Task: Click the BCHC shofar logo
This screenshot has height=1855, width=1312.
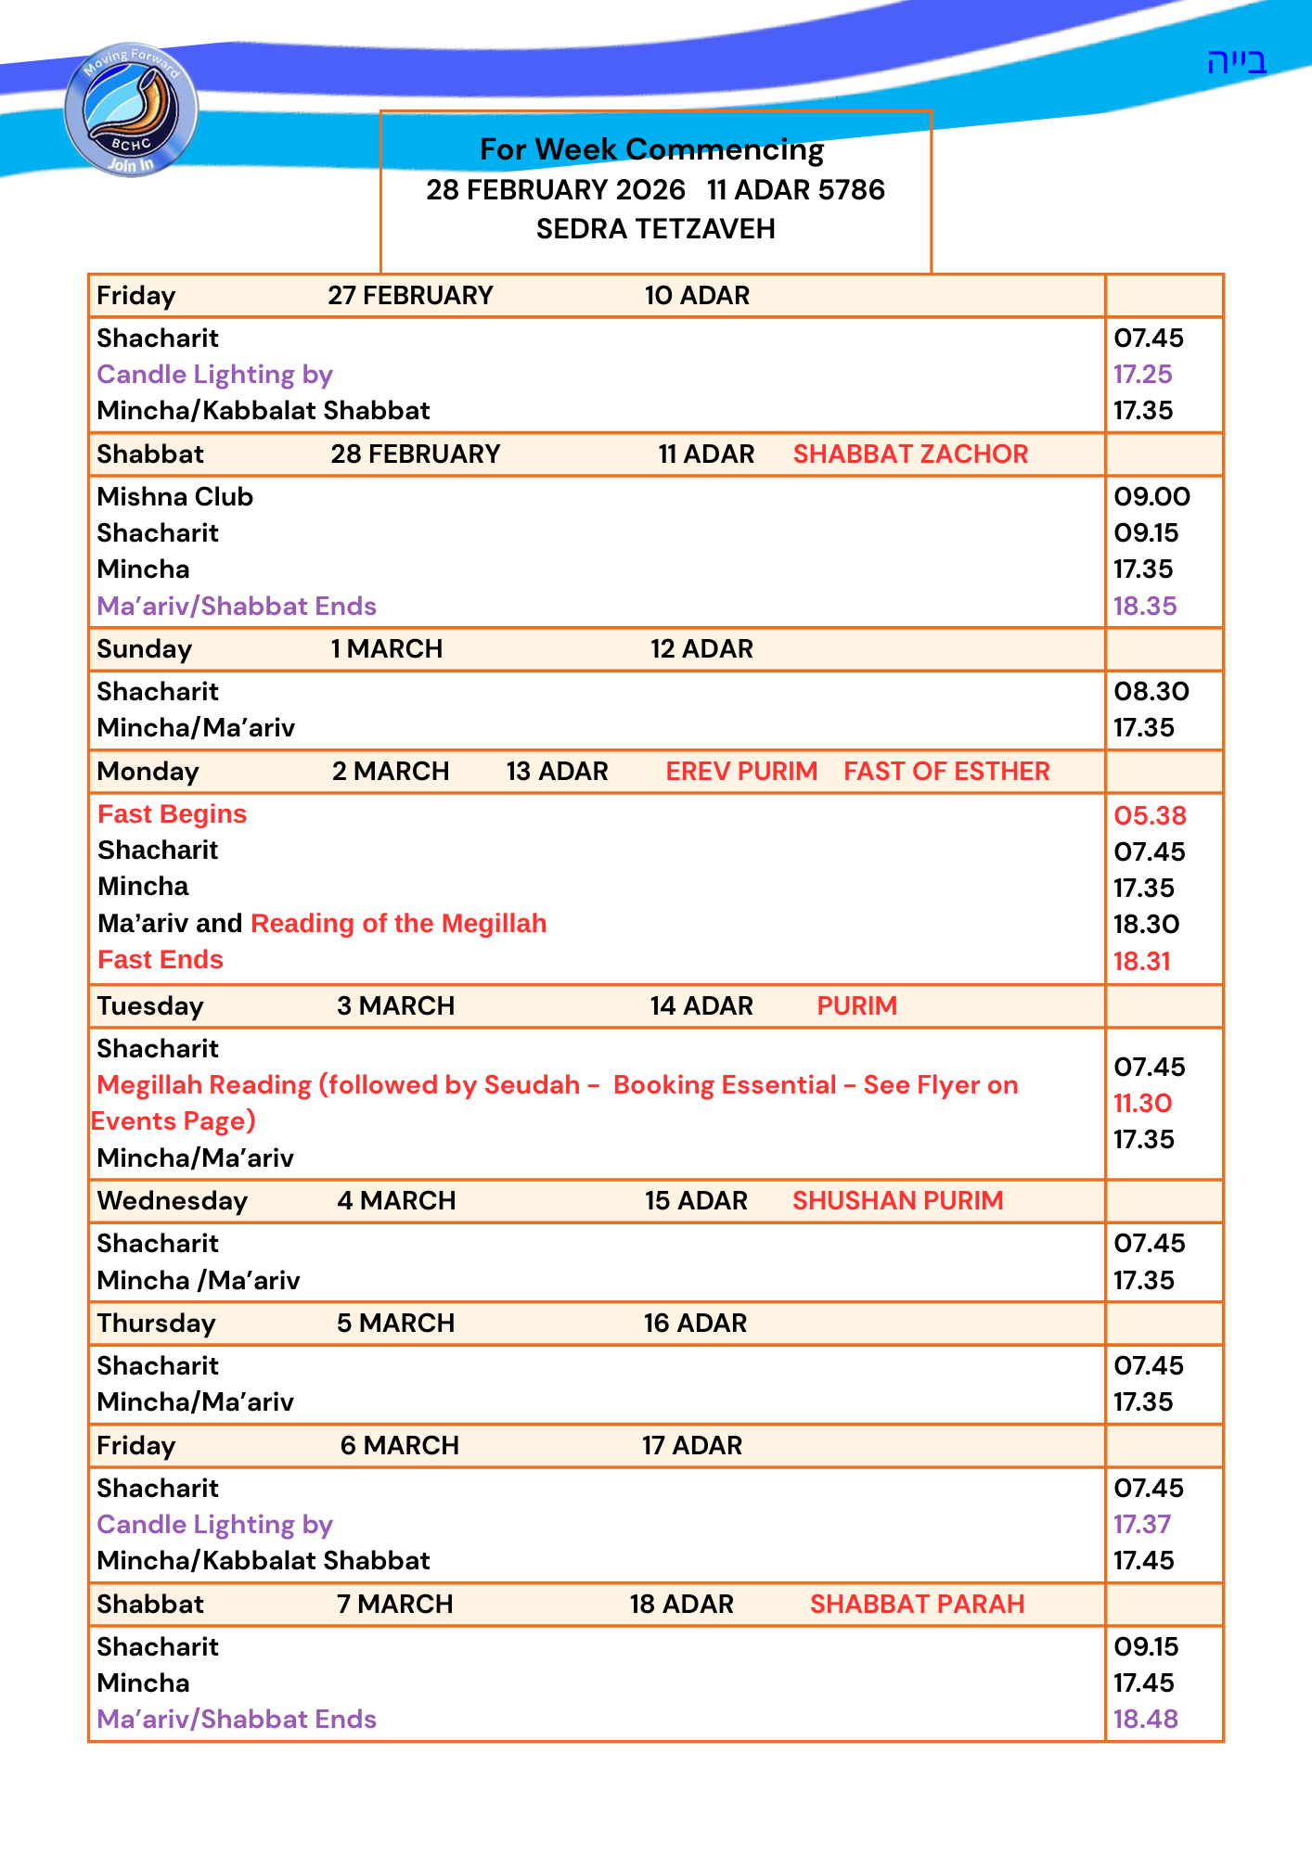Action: (x=131, y=109)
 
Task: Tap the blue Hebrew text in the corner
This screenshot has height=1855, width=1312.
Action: (x=1236, y=62)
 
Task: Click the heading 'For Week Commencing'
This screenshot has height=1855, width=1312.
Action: (x=651, y=149)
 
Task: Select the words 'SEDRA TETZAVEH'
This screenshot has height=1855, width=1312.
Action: (x=655, y=229)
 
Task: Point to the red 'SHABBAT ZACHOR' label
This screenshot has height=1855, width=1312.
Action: (x=910, y=454)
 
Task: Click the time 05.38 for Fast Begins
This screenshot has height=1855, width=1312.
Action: (x=1150, y=815)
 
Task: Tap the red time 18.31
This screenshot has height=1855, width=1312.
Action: (x=1141, y=961)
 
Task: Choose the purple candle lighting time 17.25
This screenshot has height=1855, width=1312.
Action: (x=1142, y=375)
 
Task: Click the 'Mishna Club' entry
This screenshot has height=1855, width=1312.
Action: (x=174, y=497)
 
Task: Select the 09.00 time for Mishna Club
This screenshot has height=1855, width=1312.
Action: (x=1151, y=497)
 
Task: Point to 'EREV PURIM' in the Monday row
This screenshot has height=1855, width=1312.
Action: (x=741, y=772)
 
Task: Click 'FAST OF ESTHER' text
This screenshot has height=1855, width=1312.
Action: (x=946, y=772)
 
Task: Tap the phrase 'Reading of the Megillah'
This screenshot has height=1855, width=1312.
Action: (x=398, y=924)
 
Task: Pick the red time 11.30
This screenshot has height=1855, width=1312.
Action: (x=1142, y=1104)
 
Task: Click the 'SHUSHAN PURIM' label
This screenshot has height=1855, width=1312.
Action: (x=897, y=1201)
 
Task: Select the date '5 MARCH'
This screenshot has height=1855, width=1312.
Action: (x=395, y=1324)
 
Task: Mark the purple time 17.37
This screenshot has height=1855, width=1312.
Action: (x=1142, y=1525)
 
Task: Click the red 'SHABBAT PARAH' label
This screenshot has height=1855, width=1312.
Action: (x=917, y=1605)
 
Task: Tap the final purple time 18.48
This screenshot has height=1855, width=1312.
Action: (x=1145, y=1720)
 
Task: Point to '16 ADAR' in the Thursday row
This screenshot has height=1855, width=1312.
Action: (x=695, y=1324)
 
